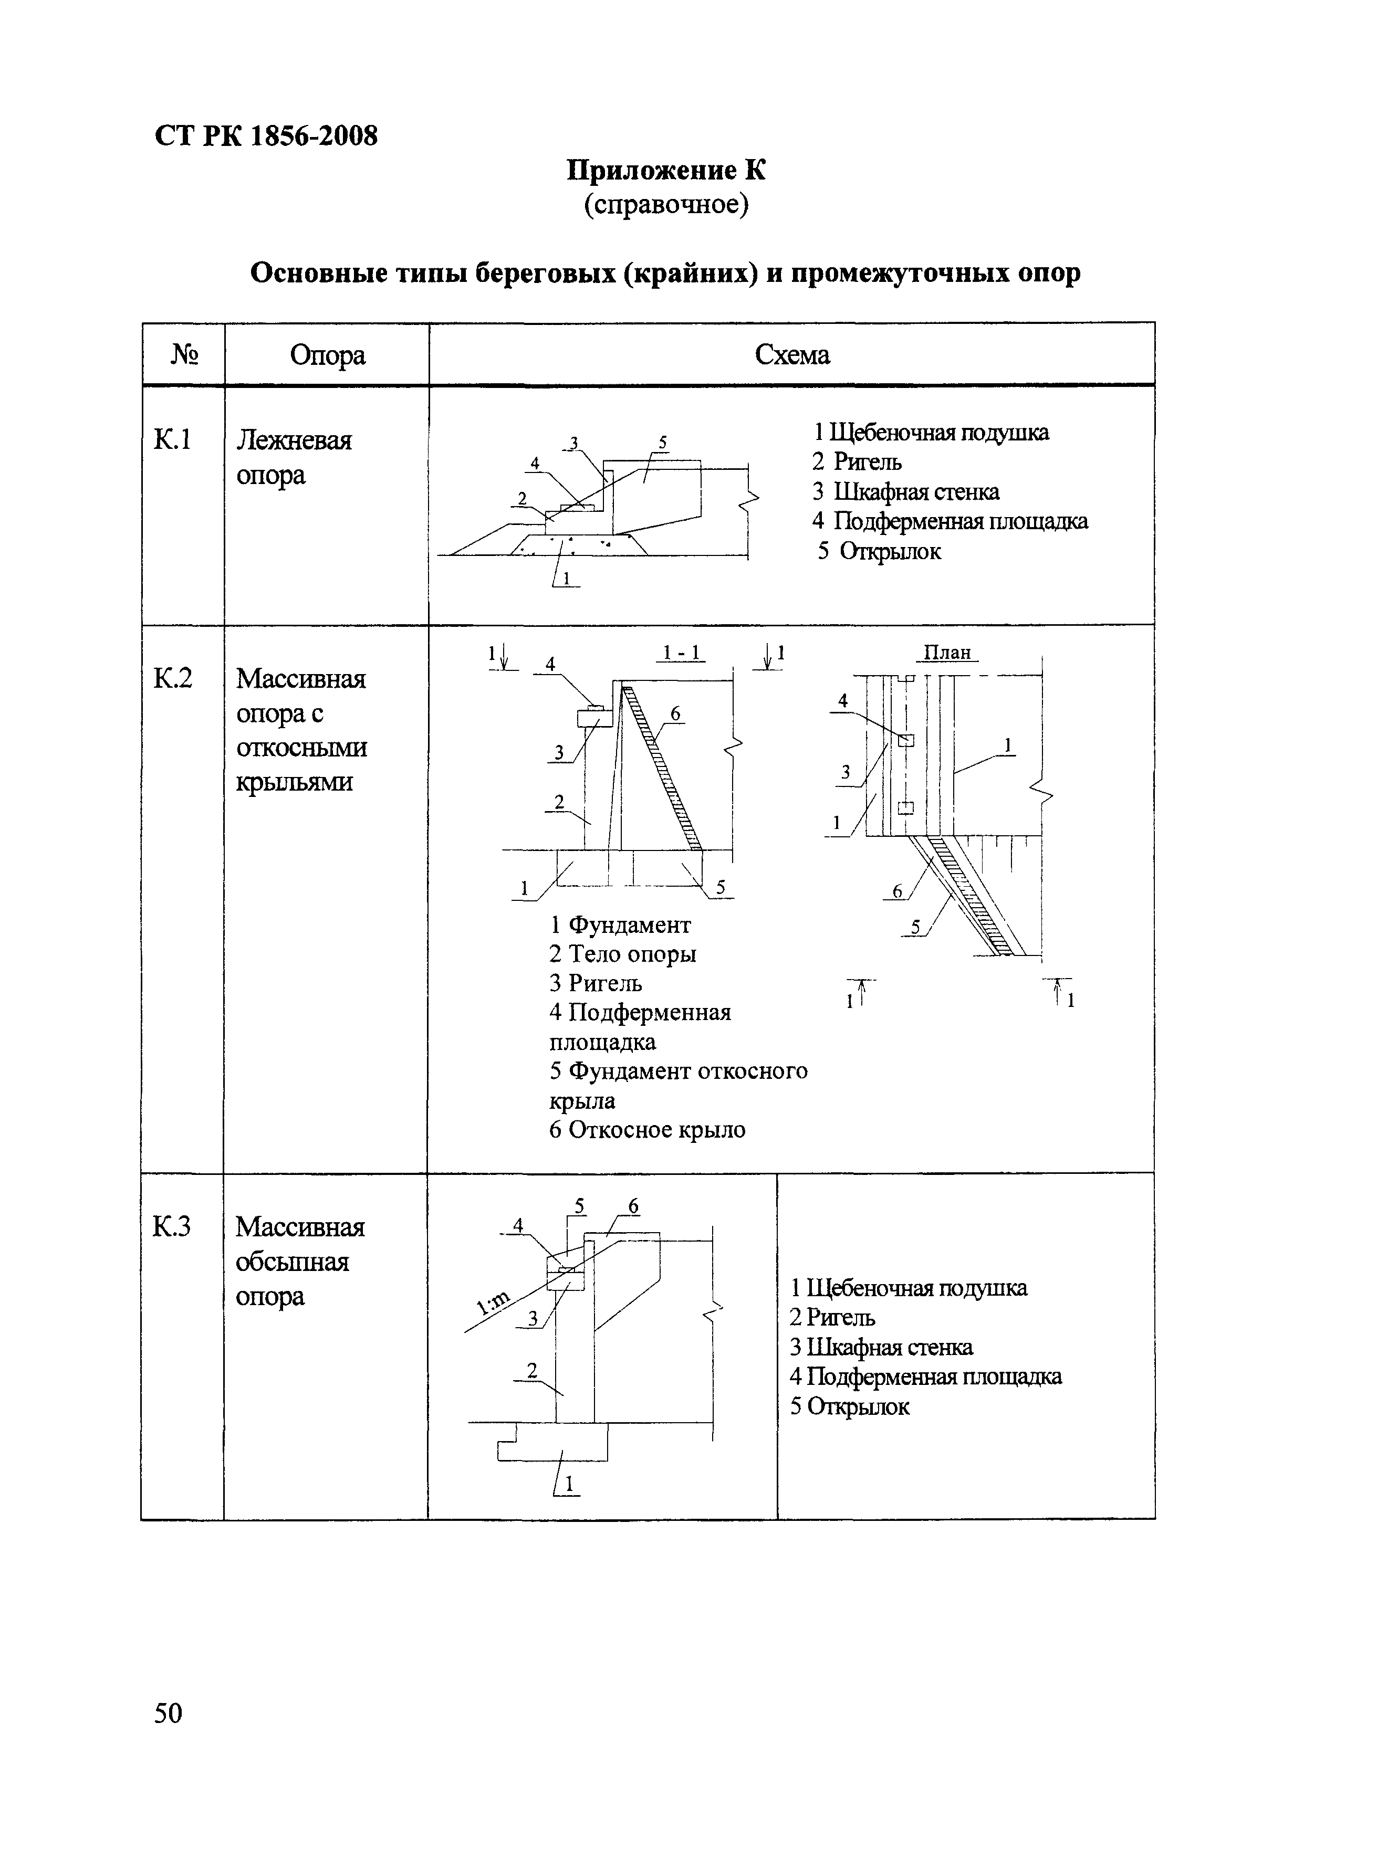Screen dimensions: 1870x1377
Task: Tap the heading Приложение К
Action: (666, 171)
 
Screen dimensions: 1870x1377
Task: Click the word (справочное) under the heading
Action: (666, 204)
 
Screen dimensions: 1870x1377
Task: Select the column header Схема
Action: (792, 355)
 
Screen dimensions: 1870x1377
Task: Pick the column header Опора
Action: (328, 355)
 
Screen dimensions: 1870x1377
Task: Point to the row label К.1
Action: (173, 439)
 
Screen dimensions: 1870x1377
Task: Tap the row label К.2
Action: (173, 678)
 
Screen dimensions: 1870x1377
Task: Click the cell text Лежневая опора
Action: (294, 457)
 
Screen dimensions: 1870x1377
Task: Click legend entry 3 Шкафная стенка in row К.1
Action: (906, 492)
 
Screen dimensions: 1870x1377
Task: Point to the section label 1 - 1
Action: (681, 653)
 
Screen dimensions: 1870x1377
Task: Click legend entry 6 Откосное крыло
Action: (647, 1130)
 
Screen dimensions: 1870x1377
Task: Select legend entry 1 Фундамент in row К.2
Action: (620, 925)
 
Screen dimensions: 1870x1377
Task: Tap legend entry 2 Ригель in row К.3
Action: (832, 1318)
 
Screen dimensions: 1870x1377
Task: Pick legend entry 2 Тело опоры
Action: (623, 954)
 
